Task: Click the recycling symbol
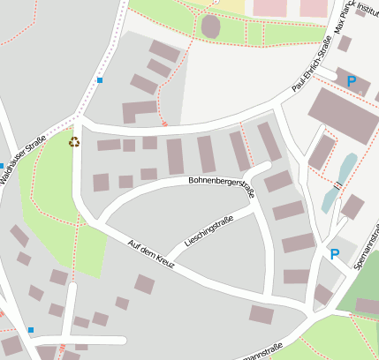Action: pyautogui.click(x=74, y=141)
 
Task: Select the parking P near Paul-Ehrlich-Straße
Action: pyautogui.click(x=351, y=81)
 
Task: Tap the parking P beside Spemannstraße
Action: pyautogui.click(x=334, y=254)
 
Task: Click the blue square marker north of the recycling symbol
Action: pyautogui.click(x=100, y=81)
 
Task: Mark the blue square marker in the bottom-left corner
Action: pyautogui.click(x=31, y=330)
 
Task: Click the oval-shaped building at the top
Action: pyautogui.click(x=210, y=26)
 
